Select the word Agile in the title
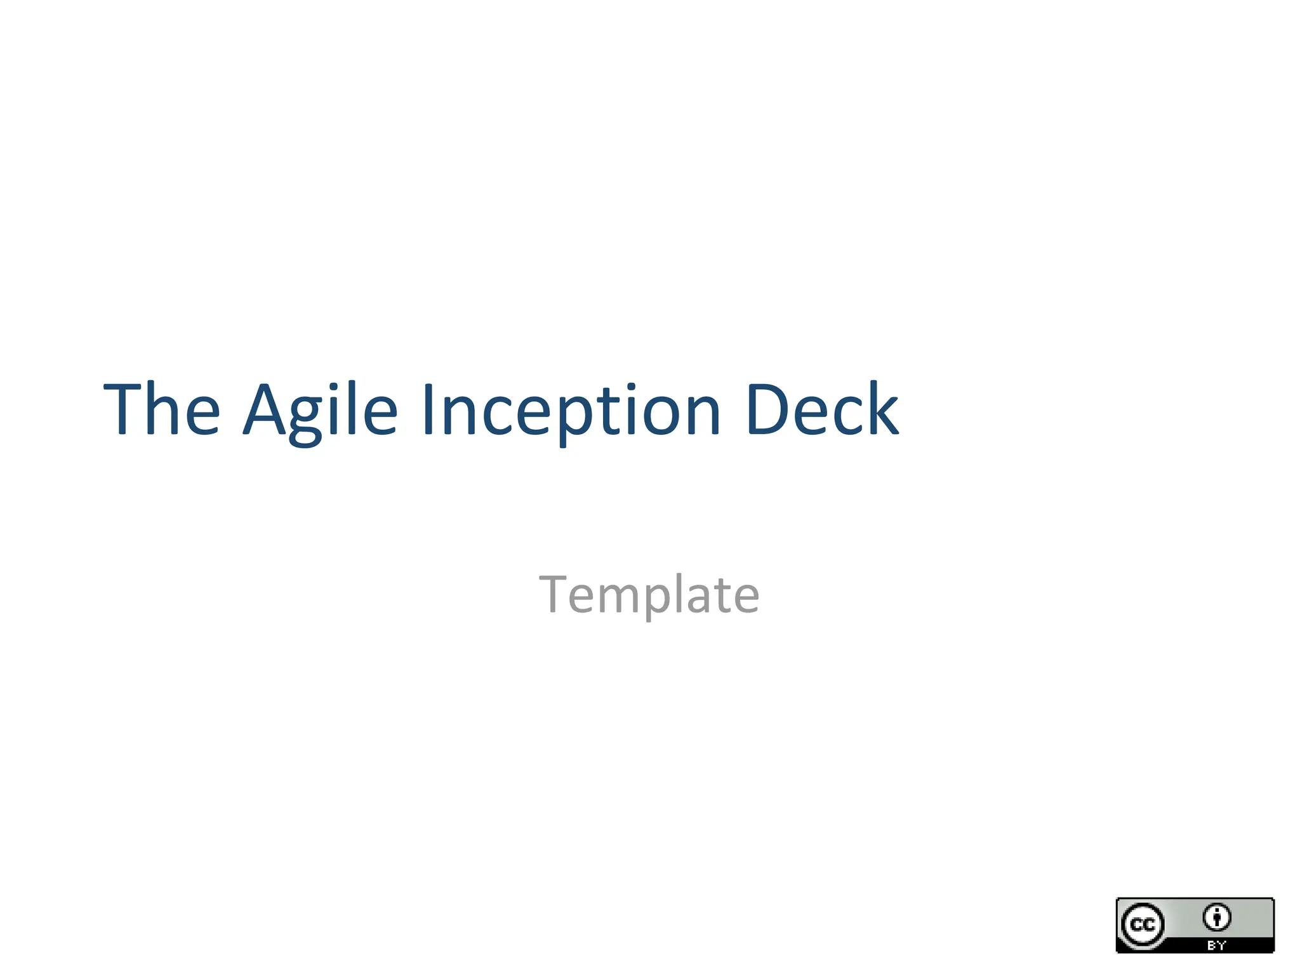coord(321,411)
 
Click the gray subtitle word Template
coord(649,595)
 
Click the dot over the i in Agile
coord(336,386)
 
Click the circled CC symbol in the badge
coord(1143,925)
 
